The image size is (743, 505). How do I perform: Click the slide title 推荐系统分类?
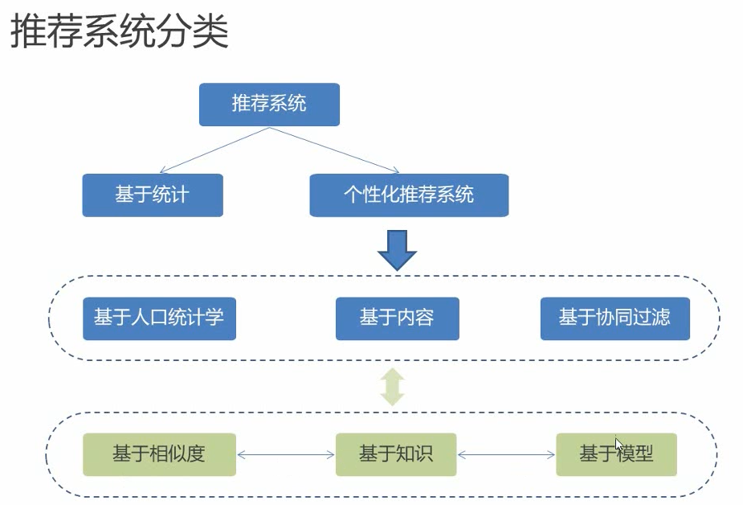coord(119,33)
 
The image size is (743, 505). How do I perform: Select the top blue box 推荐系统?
coord(269,105)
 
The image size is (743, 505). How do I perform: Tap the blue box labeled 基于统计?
coord(152,195)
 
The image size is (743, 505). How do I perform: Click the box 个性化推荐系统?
coord(409,195)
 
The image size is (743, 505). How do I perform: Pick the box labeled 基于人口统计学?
coord(159,318)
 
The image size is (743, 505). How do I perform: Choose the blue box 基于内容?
coord(397,318)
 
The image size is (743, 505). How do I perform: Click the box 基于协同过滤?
coord(614,318)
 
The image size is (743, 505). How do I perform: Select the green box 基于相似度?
coord(159,454)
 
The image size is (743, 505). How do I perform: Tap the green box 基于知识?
coord(396,454)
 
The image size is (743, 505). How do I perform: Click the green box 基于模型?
coord(616,454)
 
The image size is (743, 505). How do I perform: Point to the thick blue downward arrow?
coord(397,250)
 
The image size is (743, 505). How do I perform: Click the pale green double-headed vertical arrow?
coord(393,388)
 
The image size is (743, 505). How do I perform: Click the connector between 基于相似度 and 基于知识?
coord(286,455)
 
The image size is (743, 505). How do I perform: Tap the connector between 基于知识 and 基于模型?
coord(506,455)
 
